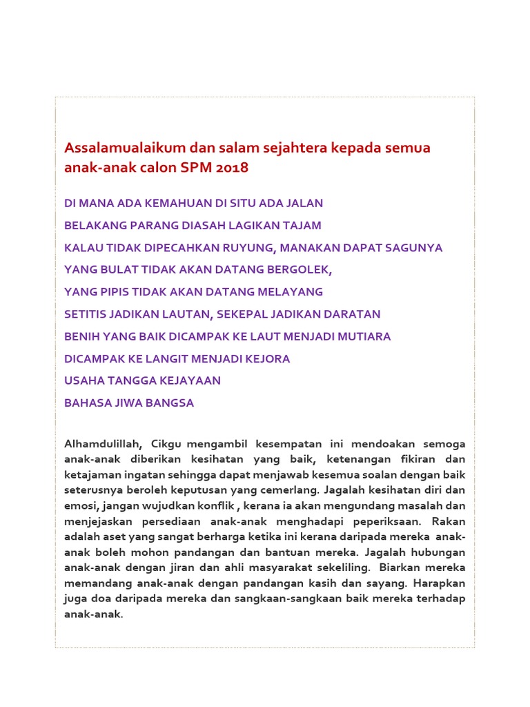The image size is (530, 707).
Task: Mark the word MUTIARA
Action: click(x=364, y=336)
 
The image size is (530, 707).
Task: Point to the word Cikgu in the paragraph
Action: click(x=167, y=443)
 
